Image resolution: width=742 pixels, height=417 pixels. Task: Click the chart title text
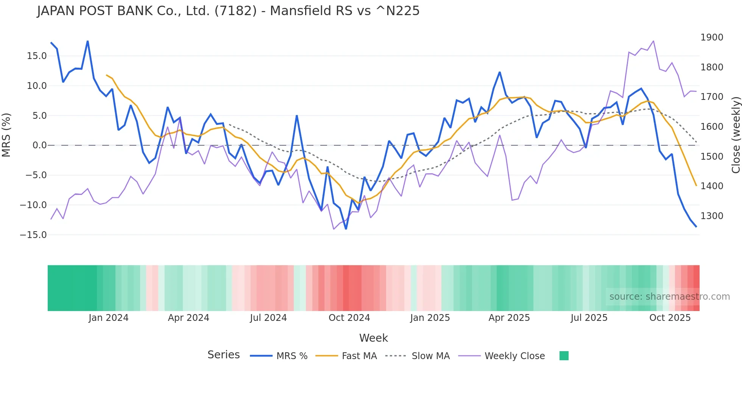point(228,11)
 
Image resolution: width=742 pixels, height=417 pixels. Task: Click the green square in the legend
point(564,356)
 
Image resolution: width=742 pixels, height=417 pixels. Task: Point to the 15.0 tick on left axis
point(37,56)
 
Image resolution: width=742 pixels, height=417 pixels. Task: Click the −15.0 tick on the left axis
point(33,235)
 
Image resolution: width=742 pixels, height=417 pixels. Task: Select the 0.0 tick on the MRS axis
point(39,145)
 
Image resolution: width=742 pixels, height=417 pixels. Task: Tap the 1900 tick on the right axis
point(712,37)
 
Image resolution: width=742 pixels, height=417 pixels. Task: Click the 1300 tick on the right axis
point(712,216)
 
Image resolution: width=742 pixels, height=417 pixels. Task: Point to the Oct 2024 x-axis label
point(349,318)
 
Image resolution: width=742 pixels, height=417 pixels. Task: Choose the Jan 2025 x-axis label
point(430,318)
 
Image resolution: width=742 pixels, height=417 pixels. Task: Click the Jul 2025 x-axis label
point(589,318)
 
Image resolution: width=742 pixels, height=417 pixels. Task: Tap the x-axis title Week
point(373,338)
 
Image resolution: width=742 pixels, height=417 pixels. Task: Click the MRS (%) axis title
point(6,135)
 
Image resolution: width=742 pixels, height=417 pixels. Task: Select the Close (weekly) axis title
point(736,135)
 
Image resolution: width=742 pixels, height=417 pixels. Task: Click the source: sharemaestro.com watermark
point(669,297)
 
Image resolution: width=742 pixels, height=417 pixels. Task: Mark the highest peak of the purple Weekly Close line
point(653,41)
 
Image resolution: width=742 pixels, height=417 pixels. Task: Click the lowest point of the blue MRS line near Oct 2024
point(346,229)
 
